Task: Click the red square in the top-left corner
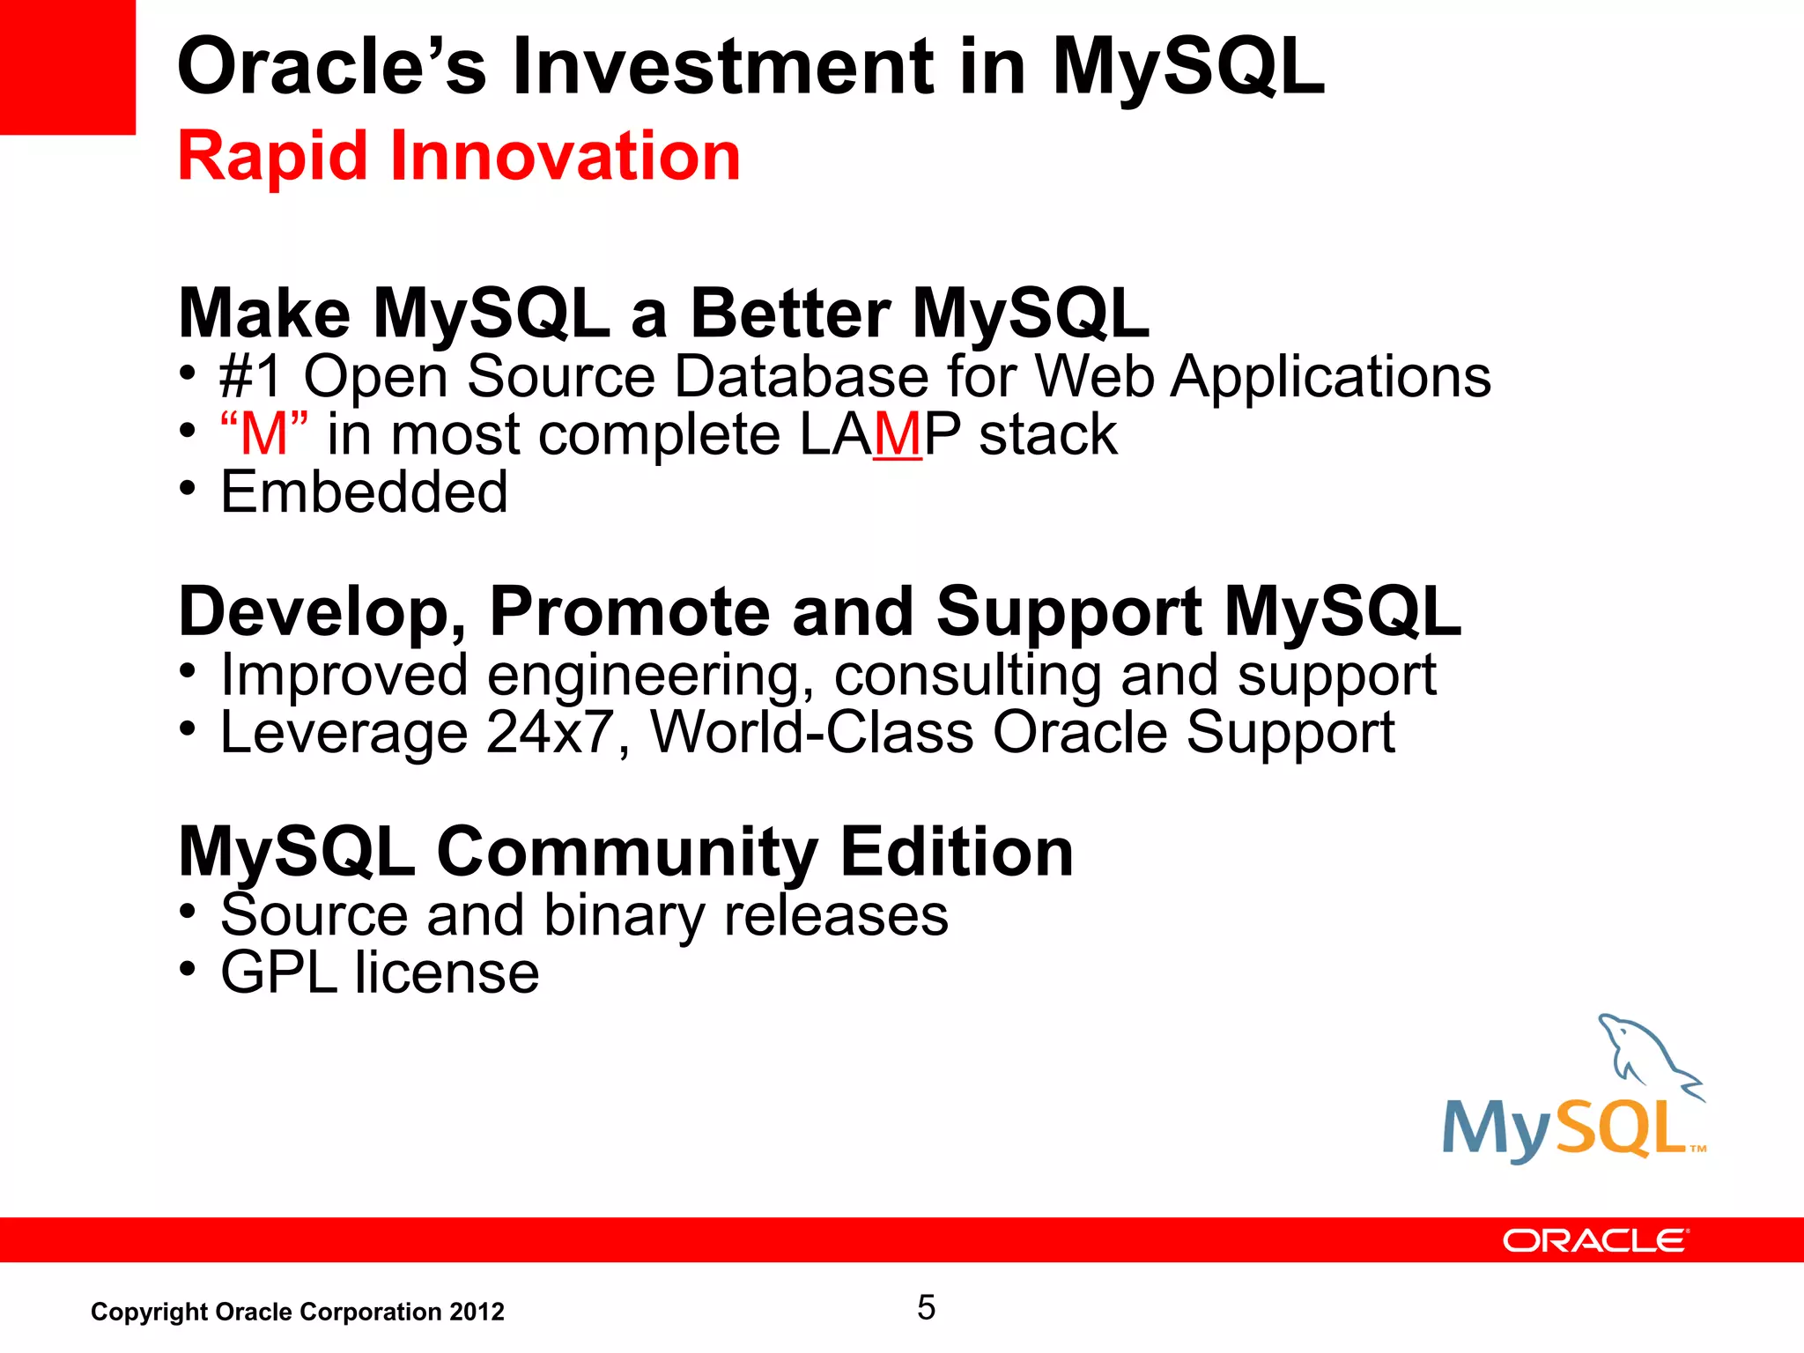click(67, 67)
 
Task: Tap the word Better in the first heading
click(789, 314)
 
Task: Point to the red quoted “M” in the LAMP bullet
click(264, 433)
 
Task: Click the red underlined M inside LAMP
click(898, 435)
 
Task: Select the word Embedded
click(364, 492)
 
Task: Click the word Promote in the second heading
click(629, 611)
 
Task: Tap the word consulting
click(967, 676)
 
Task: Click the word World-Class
click(811, 733)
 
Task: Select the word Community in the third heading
click(627, 852)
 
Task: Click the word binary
click(624, 916)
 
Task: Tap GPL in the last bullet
click(278, 973)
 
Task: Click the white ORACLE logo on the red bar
click(1594, 1240)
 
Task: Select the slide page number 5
click(926, 1307)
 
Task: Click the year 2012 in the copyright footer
click(477, 1312)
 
